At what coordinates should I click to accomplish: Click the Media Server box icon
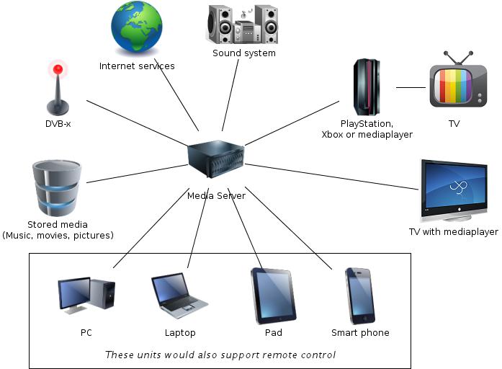pos(216,158)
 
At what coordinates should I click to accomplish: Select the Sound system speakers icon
pos(243,25)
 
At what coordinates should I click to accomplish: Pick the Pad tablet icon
pos(273,296)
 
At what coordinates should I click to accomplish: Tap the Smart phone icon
pos(359,295)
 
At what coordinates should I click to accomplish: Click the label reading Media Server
pos(216,195)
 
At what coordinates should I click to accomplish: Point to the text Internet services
pos(137,66)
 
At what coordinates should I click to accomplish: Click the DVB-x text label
pos(58,124)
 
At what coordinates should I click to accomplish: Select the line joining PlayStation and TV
pos(411,88)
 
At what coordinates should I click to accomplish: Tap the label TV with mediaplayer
pos(454,232)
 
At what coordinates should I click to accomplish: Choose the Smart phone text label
pos(360,333)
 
